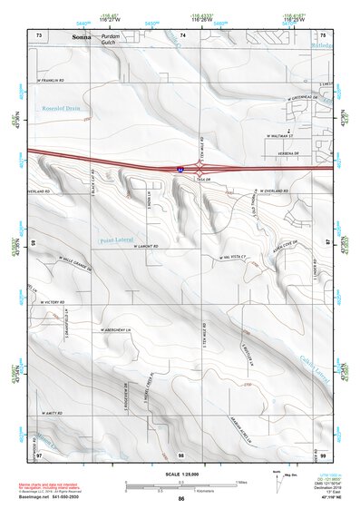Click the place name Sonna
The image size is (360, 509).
82,36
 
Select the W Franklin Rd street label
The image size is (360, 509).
52,80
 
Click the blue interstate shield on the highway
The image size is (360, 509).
180,169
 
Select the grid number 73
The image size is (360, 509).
39,33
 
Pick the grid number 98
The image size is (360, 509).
180,455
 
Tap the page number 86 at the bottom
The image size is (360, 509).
181,499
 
